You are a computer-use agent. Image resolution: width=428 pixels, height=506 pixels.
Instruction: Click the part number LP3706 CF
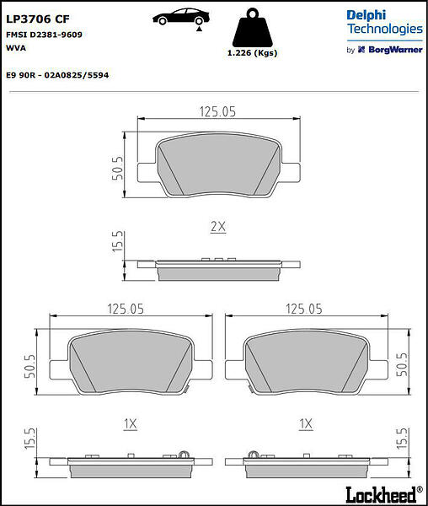point(38,19)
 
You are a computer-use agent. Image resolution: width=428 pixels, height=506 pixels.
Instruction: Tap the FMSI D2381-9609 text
point(44,35)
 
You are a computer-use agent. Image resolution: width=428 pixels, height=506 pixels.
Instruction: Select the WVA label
point(16,48)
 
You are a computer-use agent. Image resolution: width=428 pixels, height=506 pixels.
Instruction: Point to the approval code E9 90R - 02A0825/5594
point(57,75)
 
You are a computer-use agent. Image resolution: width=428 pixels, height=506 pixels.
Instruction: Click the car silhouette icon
point(181,18)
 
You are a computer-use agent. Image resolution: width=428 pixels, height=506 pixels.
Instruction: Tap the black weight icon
point(253,28)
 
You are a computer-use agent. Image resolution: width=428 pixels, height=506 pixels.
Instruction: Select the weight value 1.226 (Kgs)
point(253,53)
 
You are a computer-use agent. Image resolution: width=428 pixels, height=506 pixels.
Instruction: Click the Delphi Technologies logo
point(384,22)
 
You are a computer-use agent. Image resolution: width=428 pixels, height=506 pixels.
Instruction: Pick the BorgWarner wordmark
point(395,50)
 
